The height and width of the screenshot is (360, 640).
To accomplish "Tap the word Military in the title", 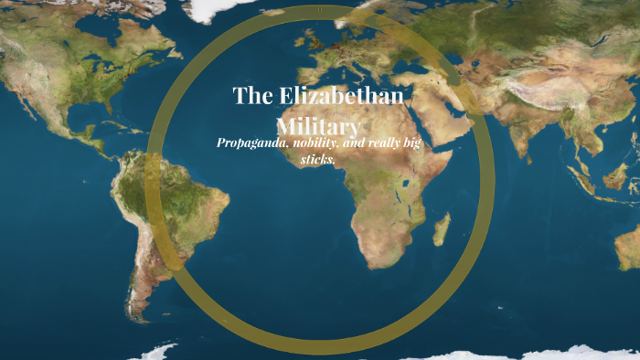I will point(319,126).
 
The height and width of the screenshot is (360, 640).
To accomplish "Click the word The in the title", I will point(251,96).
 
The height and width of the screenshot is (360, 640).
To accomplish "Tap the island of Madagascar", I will point(443,228).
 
